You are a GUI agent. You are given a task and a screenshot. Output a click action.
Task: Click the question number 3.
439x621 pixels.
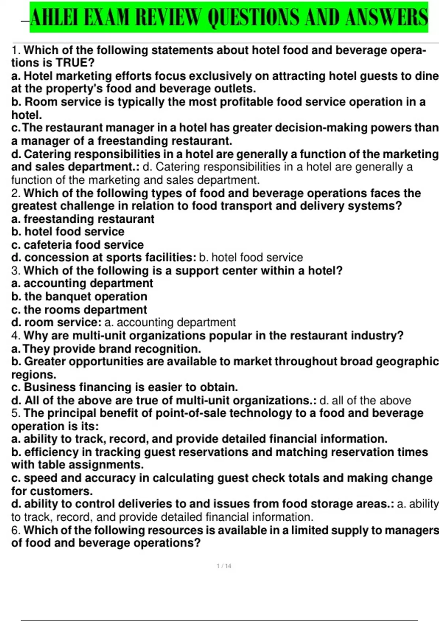point(15,271)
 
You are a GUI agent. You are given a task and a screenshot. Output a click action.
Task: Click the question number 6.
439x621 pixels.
point(15,530)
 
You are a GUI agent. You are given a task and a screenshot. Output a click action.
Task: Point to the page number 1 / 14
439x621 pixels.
point(224,566)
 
